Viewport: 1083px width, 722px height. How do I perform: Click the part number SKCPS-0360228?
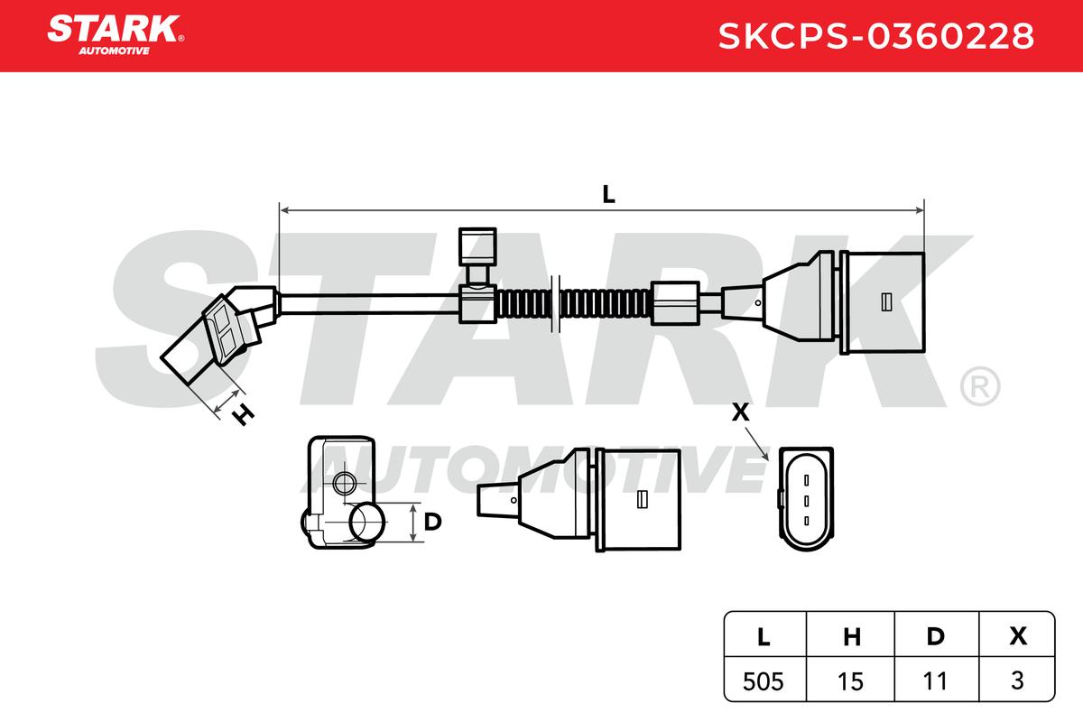click(876, 36)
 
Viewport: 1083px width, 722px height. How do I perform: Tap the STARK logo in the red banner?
click(116, 35)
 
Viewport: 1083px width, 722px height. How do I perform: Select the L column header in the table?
click(764, 636)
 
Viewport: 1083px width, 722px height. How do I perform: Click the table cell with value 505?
click(763, 681)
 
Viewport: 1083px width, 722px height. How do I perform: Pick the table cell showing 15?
click(850, 681)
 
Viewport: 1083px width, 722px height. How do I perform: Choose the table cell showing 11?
click(935, 681)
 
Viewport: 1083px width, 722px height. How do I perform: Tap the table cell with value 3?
click(1017, 680)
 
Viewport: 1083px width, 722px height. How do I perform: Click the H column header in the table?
click(852, 636)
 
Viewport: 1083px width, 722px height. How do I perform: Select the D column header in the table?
click(936, 636)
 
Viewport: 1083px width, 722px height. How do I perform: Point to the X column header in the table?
click(1018, 636)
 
